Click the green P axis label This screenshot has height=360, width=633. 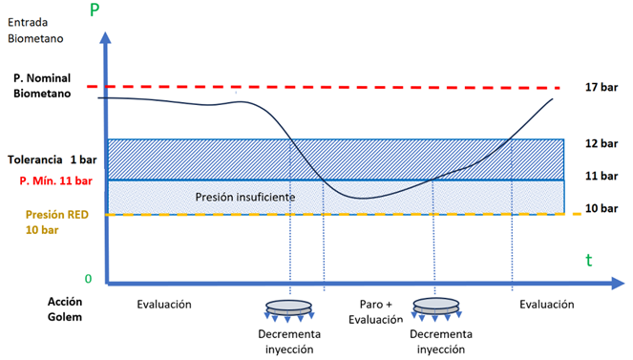(95, 10)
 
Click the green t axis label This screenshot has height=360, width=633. (589, 261)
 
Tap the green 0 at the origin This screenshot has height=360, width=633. (88, 279)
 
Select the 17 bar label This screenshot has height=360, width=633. (601, 87)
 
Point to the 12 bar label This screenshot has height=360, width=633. (601, 143)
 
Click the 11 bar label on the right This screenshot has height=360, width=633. (601, 176)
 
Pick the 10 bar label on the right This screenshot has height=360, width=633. (601, 208)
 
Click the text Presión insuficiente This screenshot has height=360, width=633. (245, 197)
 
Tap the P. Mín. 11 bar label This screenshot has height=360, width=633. (56, 180)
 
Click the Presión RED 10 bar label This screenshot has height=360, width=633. (57, 222)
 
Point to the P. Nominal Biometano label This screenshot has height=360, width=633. (42, 86)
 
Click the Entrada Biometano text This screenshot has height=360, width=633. (35, 31)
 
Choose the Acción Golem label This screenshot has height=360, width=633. (65, 309)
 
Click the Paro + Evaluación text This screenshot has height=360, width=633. (376, 312)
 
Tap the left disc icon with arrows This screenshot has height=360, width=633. (288, 310)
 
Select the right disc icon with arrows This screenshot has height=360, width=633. (436, 309)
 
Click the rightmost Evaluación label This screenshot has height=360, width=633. (547, 305)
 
